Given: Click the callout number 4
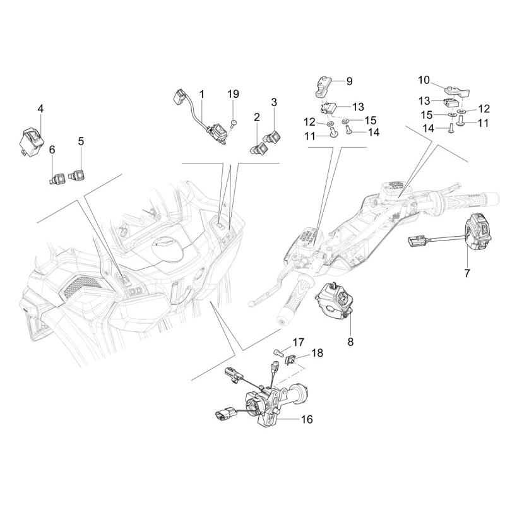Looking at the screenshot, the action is (x=40, y=109).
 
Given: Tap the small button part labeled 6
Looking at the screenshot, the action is (x=58, y=178).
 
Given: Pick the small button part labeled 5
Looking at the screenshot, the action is (x=76, y=175).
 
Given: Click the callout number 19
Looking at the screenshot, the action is (x=233, y=94).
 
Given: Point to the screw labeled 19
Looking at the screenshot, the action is (x=234, y=122).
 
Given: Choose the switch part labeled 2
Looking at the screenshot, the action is (x=259, y=149).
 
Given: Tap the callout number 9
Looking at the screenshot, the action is (x=350, y=81).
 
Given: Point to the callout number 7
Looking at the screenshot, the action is (x=466, y=273).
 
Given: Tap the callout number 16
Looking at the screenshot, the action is (x=307, y=419).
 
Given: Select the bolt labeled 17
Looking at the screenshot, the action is (x=278, y=352).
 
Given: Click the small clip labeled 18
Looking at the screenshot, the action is (x=291, y=358).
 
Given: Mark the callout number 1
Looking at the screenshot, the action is (x=202, y=95).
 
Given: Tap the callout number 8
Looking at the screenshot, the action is (x=350, y=342).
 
